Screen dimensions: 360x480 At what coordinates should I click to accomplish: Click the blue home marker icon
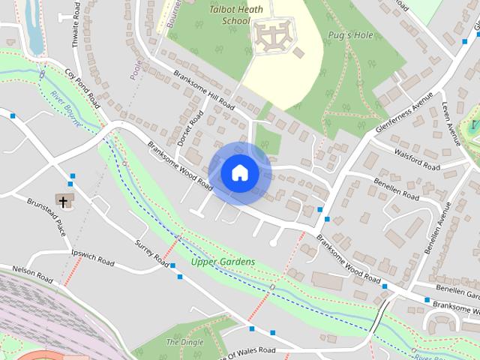click(x=239, y=172)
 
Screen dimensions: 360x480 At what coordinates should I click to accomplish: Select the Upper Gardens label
click(x=223, y=262)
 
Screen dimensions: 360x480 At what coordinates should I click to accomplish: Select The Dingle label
click(x=184, y=342)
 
